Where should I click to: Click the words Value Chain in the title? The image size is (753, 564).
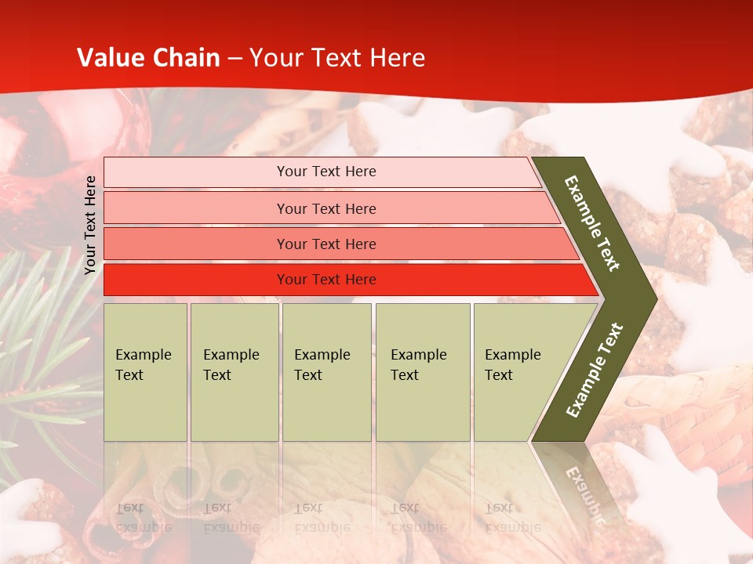[x=148, y=58]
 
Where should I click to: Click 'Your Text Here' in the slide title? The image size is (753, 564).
[x=337, y=58]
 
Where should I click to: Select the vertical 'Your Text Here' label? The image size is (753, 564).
[x=90, y=225]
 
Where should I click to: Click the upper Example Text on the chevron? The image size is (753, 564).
[x=592, y=223]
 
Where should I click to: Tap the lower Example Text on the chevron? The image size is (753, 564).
[x=595, y=371]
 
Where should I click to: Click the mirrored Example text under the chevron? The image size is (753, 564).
[x=584, y=493]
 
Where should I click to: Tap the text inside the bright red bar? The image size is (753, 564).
[x=326, y=280]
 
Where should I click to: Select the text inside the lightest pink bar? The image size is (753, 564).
[x=326, y=172]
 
